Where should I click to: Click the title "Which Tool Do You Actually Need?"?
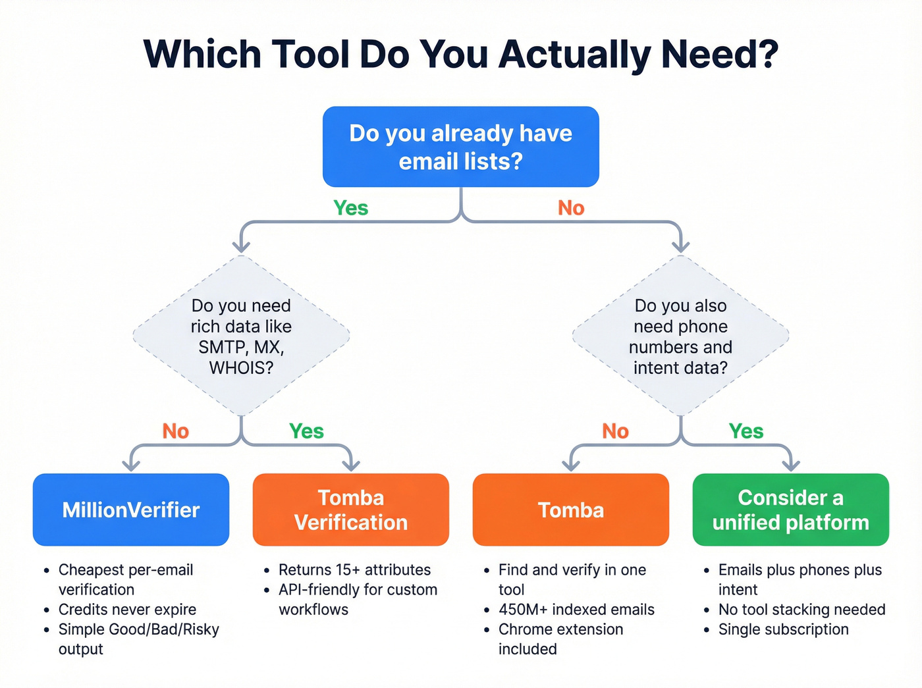point(461,54)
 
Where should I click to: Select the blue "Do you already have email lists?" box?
point(461,147)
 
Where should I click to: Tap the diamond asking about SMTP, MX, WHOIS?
point(241,336)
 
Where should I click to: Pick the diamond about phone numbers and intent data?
point(680,336)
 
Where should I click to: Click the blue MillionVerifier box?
point(131,510)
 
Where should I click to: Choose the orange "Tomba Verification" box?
point(351,510)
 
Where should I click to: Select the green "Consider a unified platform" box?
point(790,510)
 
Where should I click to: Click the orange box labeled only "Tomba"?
point(571,510)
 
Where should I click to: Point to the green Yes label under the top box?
point(350,208)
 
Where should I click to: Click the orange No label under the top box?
point(571,208)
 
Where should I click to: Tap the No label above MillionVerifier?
point(176,431)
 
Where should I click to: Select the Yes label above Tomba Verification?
point(306,431)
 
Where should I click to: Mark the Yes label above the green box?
point(746,431)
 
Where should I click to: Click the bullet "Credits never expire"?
point(127,610)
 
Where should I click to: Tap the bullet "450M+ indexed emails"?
point(576,610)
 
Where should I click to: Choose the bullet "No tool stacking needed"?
point(801,610)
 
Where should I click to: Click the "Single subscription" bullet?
point(783,629)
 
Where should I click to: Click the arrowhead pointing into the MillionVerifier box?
point(132,465)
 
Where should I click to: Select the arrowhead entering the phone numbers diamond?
point(681,247)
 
